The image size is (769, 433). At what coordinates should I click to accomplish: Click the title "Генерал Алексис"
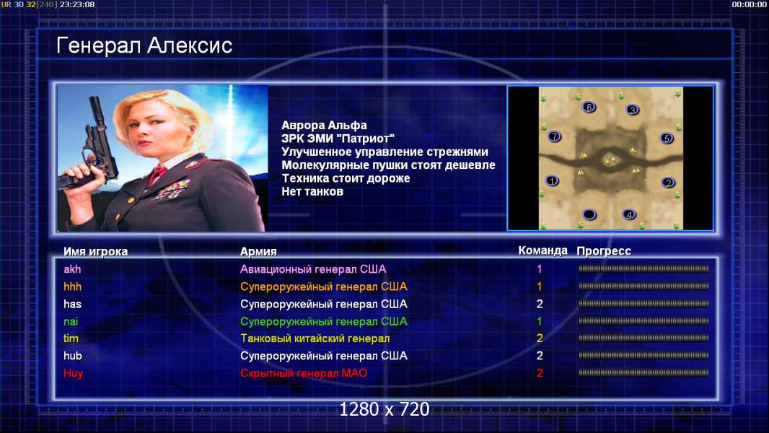coord(144,45)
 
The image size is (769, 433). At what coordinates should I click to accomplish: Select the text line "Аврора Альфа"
coord(324,126)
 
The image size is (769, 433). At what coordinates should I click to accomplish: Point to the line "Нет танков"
coord(312,192)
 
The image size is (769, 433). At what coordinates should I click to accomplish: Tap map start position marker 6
coord(589,107)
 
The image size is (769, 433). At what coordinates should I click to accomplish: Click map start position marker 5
coord(667,139)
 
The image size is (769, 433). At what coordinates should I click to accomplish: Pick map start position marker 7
coord(554,136)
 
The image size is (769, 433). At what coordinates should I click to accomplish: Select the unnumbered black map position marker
coord(589,214)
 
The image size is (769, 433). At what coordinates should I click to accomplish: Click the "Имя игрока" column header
coord(96,252)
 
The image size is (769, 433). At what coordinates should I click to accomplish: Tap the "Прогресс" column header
coord(604,251)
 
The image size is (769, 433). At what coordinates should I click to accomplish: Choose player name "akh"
coord(72,269)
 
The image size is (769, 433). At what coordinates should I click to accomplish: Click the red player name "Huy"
coord(73,374)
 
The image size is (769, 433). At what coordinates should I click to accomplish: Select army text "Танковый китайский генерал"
coord(315,338)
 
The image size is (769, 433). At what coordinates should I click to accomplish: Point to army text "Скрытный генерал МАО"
coord(304,373)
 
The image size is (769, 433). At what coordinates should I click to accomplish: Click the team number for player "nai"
coord(540,322)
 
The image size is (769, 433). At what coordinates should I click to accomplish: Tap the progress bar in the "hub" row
coord(643,355)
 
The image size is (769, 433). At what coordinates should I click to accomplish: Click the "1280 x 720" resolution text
coord(384,409)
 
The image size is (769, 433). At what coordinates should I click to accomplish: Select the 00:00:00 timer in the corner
coord(749,4)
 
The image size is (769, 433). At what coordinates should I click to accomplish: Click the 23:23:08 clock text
coord(77,4)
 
